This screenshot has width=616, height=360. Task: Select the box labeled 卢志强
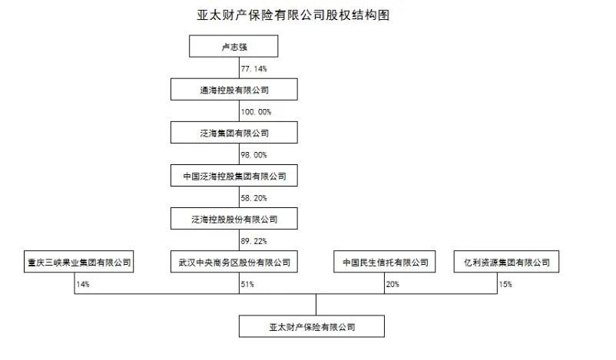coord(233,48)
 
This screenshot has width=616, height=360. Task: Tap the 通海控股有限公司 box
coord(233,91)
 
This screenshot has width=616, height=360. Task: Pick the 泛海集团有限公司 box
coord(233,134)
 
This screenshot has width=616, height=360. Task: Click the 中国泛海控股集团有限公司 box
coord(233,177)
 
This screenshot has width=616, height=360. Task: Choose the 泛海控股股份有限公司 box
coord(233,220)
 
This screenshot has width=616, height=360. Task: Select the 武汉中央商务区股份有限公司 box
coord(233,263)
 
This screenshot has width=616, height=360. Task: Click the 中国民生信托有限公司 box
coord(386,263)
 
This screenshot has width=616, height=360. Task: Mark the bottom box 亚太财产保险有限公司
coord(316,327)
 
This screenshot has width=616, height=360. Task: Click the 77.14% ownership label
coord(254,69)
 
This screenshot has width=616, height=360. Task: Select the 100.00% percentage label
coord(256,112)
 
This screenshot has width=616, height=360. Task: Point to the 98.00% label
coord(254,155)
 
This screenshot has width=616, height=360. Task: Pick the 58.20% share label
coord(254,198)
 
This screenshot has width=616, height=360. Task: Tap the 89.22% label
coord(254,241)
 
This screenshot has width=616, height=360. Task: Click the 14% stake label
coord(82,285)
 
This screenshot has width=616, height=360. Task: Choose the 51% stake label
coord(247,285)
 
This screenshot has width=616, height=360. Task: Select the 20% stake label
coord(392,285)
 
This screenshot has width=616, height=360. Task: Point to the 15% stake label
coord(505,285)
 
